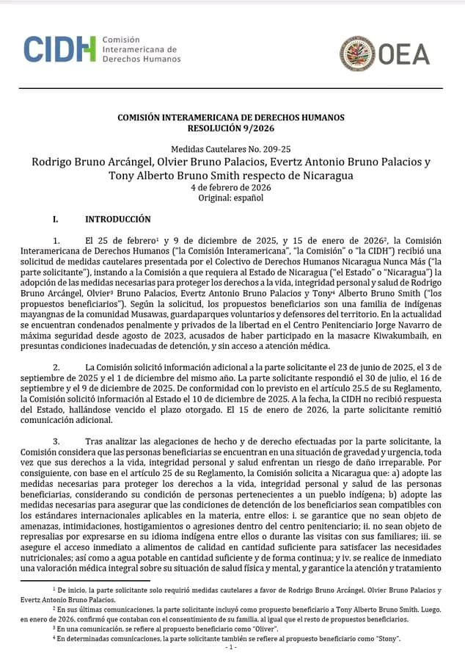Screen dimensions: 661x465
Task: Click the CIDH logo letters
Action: click(x=59, y=49)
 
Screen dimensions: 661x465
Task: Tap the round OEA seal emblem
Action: click(x=357, y=54)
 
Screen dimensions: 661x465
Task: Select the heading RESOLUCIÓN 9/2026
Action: click(x=231, y=127)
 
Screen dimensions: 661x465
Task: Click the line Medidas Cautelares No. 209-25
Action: click(x=231, y=148)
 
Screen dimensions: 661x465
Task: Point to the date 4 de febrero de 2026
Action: click(x=231, y=188)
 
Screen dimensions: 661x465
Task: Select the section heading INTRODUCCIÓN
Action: click(x=118, y=220)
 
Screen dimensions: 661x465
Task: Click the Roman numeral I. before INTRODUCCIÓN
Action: click(x=55, y=220)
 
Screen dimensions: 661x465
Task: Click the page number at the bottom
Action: click(x=232, y=648)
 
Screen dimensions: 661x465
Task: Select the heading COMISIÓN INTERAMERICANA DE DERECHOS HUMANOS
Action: click(x=231, y=118)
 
